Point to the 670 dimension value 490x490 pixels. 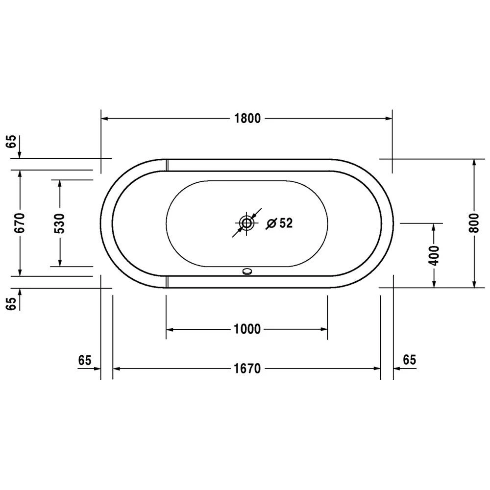click(20, 223)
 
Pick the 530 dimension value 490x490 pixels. click(60, 223)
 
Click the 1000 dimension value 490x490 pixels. click(246, 329)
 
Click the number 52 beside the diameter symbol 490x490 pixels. click(286, 223)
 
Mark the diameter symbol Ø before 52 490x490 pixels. click(271, 223)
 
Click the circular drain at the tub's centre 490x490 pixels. click(246, 224)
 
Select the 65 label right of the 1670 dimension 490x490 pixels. click(409, 360)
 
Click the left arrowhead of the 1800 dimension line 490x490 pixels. click(105, 119)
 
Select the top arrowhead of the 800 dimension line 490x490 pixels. click(474, 163)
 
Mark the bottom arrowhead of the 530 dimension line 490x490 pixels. click(60, 263)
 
